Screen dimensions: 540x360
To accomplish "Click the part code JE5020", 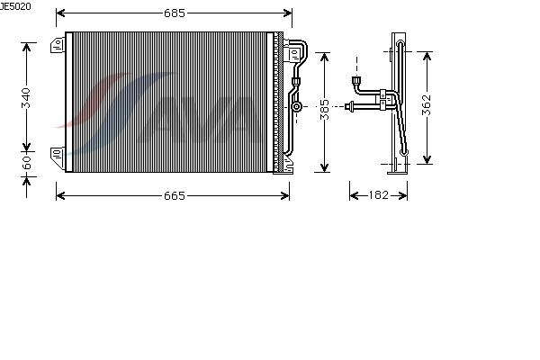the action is (15, 6).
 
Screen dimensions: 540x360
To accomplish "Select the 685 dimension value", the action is (175, 13).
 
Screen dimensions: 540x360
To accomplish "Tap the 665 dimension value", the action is (175, 195).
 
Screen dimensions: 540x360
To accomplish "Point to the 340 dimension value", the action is (26, 98).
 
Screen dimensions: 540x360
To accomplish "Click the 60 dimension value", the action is (26, 163).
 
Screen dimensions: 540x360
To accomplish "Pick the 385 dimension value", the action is (324, 110).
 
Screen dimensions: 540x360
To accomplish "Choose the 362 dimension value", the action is (427, 104).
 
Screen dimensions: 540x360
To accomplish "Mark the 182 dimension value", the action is (379, 195).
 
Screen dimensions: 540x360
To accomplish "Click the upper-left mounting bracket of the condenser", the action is (58, 45).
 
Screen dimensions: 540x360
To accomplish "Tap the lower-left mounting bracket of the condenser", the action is (58, 157).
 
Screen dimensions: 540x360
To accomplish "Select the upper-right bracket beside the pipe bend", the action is (294, 54).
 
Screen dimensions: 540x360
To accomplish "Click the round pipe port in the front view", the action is (296, 106).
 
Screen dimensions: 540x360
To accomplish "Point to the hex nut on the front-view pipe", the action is (296, 82).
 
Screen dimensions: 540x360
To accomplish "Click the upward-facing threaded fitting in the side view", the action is (356, 81).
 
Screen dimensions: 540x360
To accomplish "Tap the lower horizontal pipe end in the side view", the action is (348, 106).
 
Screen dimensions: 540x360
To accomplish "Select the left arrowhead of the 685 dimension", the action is (60, 13).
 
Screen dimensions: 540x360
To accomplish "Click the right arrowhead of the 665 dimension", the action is (285, 195).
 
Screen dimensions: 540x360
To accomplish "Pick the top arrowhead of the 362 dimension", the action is (427, 56).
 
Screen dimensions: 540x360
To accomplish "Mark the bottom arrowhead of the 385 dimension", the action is (324, 167).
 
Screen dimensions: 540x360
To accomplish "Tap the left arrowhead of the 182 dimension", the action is (354, 195).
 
